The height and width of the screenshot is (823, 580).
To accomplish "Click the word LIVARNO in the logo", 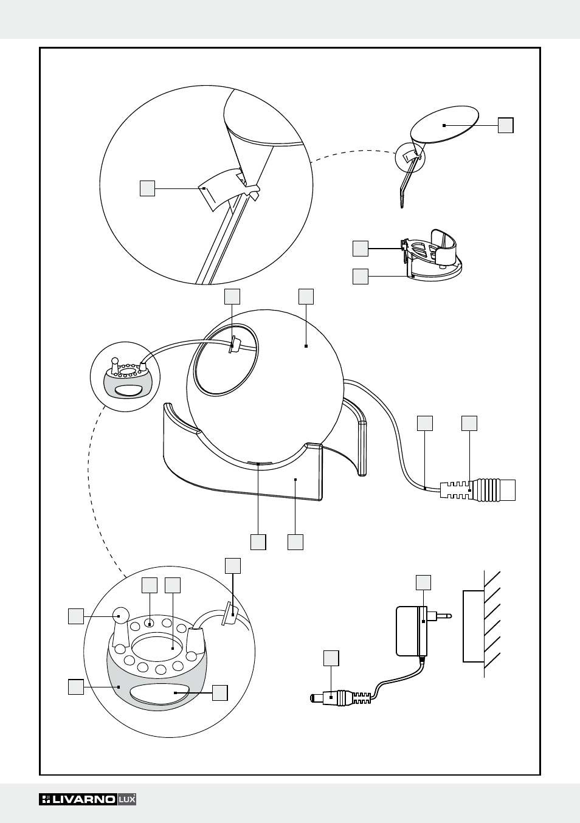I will click(84, 799).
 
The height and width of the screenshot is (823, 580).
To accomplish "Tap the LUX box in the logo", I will click(126, 799).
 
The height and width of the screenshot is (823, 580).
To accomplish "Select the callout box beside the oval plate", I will click(506, 125).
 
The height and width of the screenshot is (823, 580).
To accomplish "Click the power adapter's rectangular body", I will click(409, 632).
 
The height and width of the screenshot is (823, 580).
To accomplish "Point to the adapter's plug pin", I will click(443, 616).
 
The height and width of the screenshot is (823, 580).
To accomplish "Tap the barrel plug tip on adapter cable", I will click(315, 698).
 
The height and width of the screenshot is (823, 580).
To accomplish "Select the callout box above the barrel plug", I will click(331, 658).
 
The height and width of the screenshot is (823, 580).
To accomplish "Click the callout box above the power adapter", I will click(424, 582).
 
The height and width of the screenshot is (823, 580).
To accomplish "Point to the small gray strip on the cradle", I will click(259, 464).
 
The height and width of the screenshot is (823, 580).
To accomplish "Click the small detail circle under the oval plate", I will click(410, 157).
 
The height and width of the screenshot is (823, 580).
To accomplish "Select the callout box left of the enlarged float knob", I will click(76, 616).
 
